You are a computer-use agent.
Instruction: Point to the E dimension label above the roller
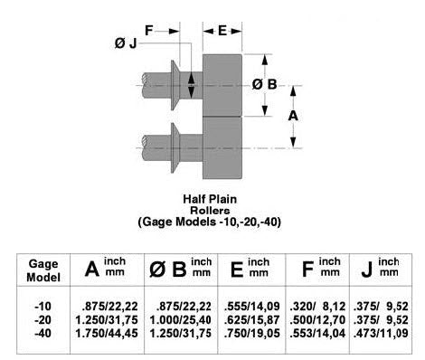click(222, 30)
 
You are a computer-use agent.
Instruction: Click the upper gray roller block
click(222, 85)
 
